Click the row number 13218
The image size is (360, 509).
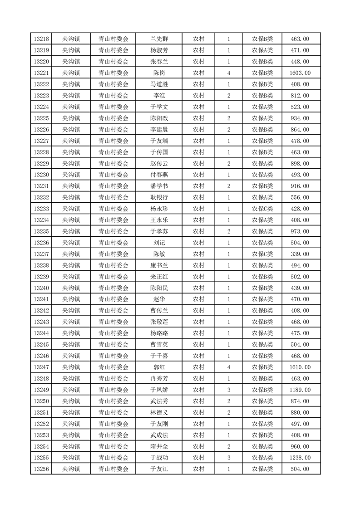[41, 39]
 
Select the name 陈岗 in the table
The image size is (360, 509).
[159, 73]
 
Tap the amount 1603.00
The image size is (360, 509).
[300, 73]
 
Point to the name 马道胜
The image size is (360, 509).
[159, 84]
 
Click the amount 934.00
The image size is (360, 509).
[300, 118]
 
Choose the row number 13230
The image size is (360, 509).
[41, 175]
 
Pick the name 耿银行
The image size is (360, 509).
[159, 197]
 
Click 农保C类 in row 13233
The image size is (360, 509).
[262, 209]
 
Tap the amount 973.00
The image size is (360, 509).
[300, 231]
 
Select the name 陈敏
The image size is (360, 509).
[159, 254]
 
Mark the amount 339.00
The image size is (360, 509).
[300, 254]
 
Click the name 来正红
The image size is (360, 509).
[159, 277]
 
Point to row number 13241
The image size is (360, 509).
[41, 299]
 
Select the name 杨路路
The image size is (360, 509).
[159, 333]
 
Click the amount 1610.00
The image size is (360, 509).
[300, 367]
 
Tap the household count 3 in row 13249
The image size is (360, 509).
[228, 390]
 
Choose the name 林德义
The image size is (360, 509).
[159, 412]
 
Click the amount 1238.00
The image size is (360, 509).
[300, 458]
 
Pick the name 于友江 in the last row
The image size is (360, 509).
[159, 469]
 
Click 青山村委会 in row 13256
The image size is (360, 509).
[113, 469]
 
